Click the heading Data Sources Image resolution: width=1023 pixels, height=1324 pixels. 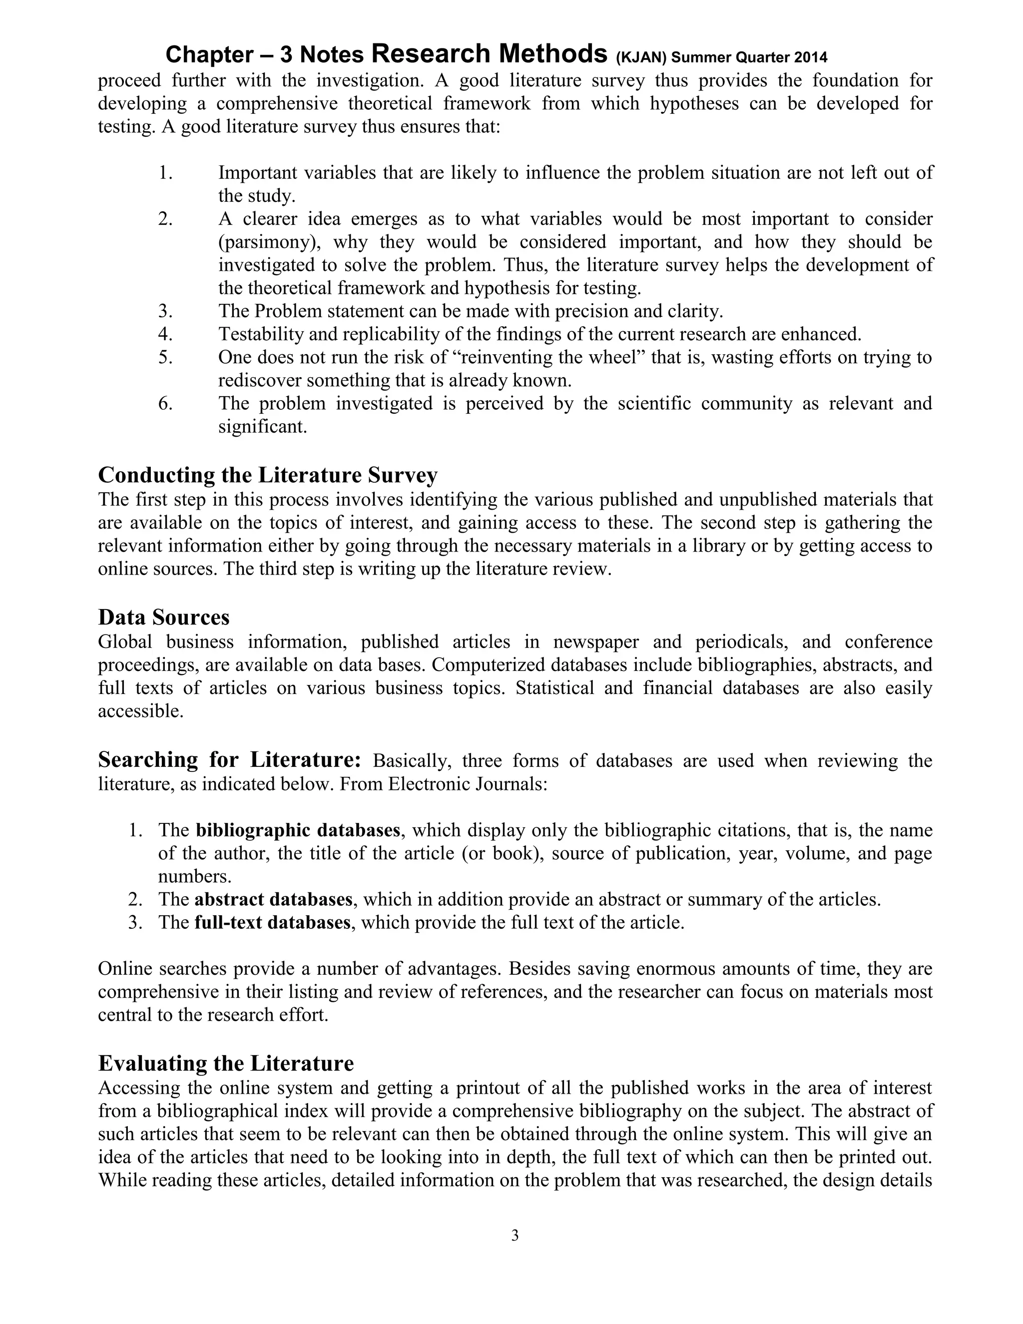(164, 617)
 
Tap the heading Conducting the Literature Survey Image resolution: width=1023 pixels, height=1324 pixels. (267, 475)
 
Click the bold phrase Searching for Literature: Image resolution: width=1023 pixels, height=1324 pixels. (230, 759)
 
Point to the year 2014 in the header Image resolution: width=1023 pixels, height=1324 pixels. (810, 58)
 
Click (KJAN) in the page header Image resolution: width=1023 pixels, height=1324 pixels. (641, 58)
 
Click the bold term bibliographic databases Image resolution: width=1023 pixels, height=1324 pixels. (298, 830)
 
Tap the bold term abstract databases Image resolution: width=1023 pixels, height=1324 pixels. (273, 899)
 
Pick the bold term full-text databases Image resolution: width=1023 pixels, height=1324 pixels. (272, 922)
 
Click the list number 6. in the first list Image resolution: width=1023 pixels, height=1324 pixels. (165, 403)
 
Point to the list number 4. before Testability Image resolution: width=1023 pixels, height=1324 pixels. (165, 334)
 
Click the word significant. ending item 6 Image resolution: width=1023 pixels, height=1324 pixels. (262, 426)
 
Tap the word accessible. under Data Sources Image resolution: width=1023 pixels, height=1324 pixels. (140, 710)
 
